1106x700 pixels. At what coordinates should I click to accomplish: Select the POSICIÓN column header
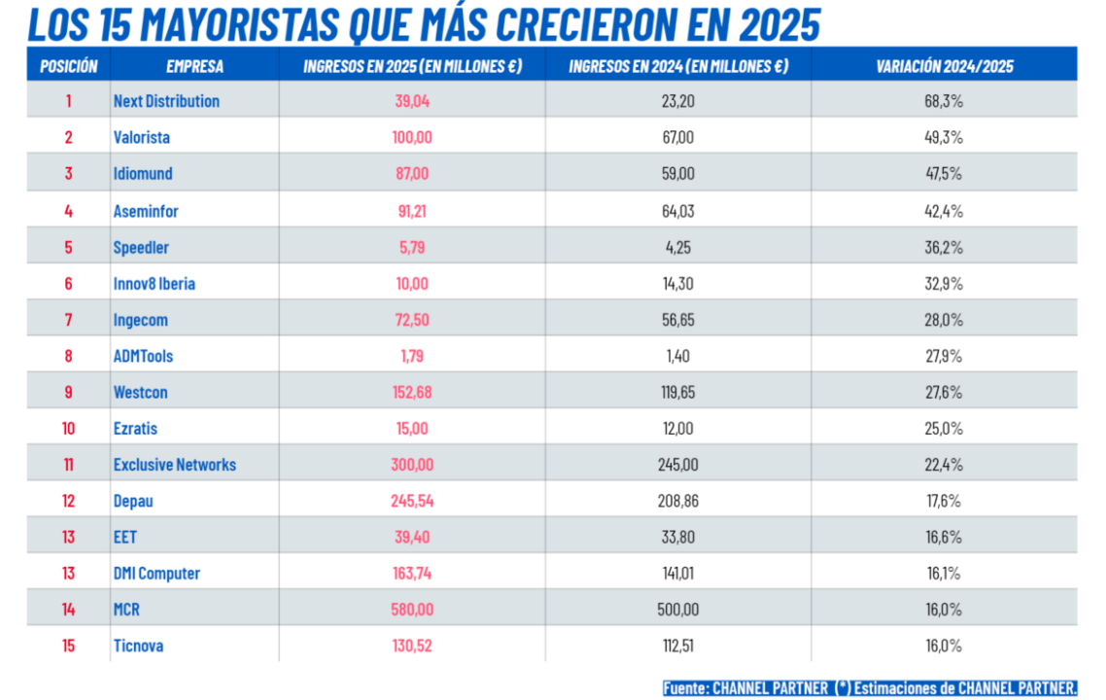pos(68,66)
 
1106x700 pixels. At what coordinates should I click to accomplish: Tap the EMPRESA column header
pos(194,66)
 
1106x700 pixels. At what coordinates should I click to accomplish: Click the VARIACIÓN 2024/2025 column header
pos(944,66)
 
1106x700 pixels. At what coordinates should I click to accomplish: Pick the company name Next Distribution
pos(166,101)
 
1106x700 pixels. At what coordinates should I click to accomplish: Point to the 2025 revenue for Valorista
pos(412,137)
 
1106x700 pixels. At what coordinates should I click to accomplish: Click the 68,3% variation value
pos(944,101)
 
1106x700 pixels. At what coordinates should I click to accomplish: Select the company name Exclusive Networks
pos(175,465)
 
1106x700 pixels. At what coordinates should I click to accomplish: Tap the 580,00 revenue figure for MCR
pos(412,610)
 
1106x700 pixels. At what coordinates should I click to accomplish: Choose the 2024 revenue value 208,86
pos(677,502)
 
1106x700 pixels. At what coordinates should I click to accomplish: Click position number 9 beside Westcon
pos(68,393)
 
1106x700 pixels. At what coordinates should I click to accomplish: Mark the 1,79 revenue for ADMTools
pos(412,356)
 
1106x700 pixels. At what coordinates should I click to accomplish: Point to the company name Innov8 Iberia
pos(155,284)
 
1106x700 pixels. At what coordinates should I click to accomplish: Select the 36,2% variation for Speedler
pos(944,247)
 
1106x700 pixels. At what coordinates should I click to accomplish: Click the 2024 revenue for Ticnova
pos(677,646)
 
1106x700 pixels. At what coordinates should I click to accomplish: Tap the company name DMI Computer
pos(156,574)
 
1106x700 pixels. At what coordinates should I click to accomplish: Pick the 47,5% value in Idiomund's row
pos(944,174)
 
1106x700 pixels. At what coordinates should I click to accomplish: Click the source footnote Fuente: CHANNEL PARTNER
pos(746,687)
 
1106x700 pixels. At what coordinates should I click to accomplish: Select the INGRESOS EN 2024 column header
pos(677,66)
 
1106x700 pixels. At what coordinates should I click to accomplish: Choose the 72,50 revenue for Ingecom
pos(412,320)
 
